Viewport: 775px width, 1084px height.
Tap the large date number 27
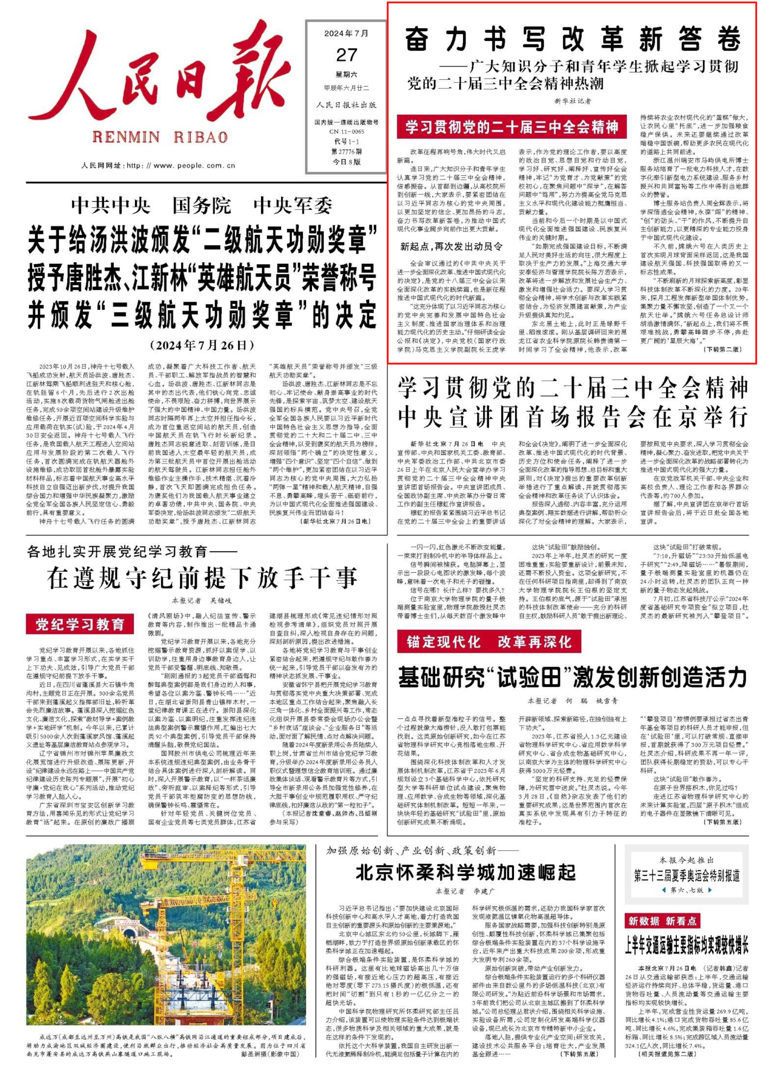347,55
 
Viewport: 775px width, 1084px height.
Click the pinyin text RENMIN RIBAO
160,138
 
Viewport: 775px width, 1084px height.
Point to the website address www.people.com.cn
194,166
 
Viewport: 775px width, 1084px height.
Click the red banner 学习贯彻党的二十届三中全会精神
511,127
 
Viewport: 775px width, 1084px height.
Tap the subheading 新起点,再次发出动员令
451,246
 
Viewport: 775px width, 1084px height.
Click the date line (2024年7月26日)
202,345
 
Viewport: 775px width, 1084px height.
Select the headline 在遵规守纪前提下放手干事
202,578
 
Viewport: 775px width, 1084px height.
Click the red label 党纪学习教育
80,624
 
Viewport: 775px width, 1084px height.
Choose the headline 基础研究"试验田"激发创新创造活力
572,677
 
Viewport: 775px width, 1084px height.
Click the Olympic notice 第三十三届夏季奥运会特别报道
687,875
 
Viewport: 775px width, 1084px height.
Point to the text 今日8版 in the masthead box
347,162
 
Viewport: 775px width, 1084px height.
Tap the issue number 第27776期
347,151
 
